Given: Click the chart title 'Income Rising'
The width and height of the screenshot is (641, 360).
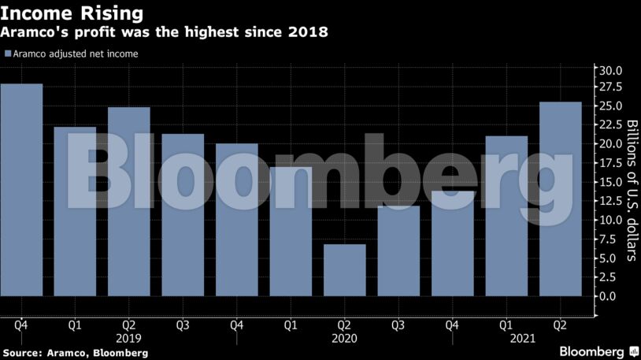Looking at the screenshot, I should click(72, 13).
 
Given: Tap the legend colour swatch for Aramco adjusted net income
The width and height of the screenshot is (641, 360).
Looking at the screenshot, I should click(7, 54).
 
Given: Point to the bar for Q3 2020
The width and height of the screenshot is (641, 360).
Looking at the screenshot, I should click(398, 251).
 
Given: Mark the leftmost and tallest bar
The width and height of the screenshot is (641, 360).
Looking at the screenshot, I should click(21, 190).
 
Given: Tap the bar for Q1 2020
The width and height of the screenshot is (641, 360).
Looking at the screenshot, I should click(291, 232).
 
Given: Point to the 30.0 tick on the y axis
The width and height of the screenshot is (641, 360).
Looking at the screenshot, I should click(611, 70).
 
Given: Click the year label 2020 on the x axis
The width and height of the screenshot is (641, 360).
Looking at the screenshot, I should click(345, 338).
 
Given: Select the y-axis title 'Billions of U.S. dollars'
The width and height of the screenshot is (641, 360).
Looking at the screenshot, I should click(631, 190).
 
